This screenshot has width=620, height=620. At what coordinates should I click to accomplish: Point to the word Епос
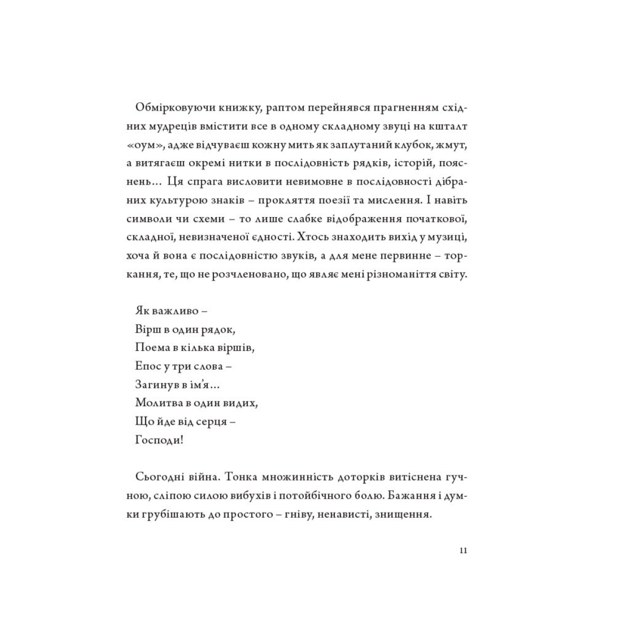point(147,366)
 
